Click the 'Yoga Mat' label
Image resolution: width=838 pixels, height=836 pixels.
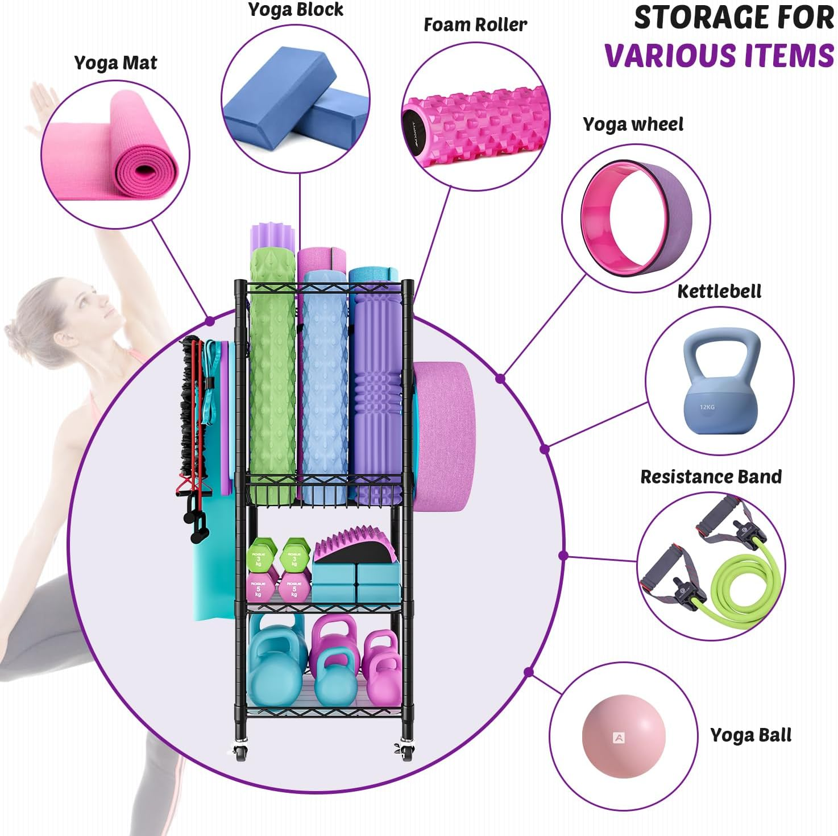click(x=115, y=63)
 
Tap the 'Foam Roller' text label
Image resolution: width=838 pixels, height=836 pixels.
click(x=475, y=24)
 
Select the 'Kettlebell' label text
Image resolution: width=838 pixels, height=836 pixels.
click(x=719, y=291)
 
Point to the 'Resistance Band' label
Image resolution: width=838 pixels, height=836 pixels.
click(x=711, y=477)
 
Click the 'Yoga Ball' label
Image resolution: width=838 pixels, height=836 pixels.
click(x=750, y=735)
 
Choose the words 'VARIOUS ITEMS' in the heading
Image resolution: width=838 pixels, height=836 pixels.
click(x=719, y=56)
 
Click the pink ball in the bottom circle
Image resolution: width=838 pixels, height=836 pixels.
click(x=623, y=736)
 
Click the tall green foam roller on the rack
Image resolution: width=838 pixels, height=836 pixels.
click(x=272, y=375)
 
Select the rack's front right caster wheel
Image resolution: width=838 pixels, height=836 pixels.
click(x=406, y=754)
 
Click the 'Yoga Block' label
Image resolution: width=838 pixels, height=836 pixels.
click(x=296, y=10)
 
